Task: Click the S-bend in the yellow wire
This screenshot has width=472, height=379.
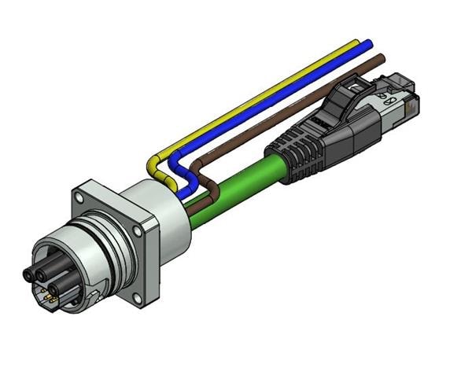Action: [x=154, y=166]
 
